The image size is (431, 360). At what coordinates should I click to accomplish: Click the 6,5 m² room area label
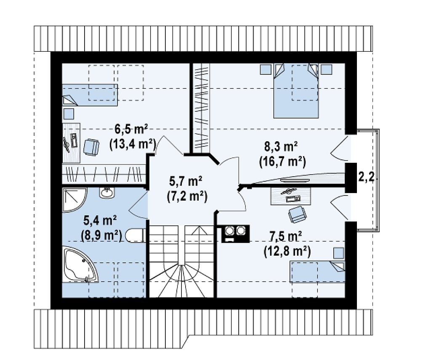pyautogui.click(x=131, y=129)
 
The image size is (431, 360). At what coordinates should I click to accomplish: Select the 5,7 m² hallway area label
pyautogui.click(x=186, y=182)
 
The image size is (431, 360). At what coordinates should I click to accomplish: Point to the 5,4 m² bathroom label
pyautogui.click(x=100, y=220)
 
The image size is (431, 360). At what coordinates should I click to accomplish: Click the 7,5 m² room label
pyautogui.click(x=286, y=236)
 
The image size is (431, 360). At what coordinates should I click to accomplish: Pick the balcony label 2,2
pyautogui.click(x=366, y=177)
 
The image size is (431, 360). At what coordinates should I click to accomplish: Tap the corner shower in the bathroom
pyautogui.click(x=75, y=200)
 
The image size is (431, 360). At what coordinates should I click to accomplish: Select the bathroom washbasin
pyautogui.click(x=107, y=193)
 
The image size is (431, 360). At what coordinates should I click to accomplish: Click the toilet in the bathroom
pyautogui.click(x=135, y=236)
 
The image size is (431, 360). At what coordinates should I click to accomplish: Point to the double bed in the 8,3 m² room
pyautogui.click(x=296, y=91)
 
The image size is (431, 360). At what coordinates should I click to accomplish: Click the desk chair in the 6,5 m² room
pyautogui.click(x=91, y=147)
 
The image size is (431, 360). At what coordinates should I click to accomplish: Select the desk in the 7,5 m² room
pyautogui.click(x=291, y=196)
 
